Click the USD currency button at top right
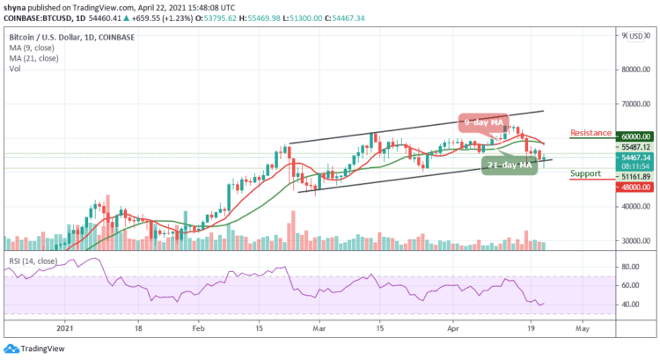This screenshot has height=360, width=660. [x=636, y=36]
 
